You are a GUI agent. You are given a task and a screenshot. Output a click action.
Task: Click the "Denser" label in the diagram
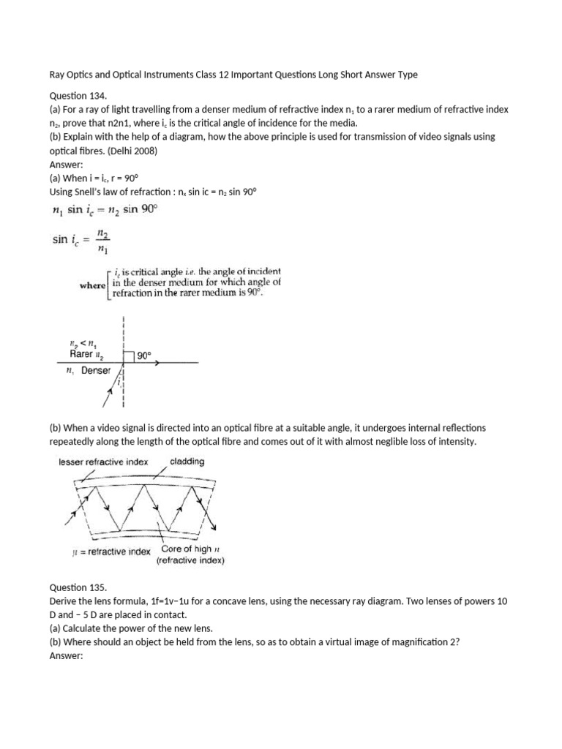pos(96,371)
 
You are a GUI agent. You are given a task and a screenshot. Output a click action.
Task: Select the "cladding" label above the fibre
pos(187,462)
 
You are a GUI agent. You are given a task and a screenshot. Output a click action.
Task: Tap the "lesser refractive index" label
pos(103,462)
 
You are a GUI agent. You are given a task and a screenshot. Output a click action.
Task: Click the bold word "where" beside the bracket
pos(92,285)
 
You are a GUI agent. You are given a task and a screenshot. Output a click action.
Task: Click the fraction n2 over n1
pos(102,241)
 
